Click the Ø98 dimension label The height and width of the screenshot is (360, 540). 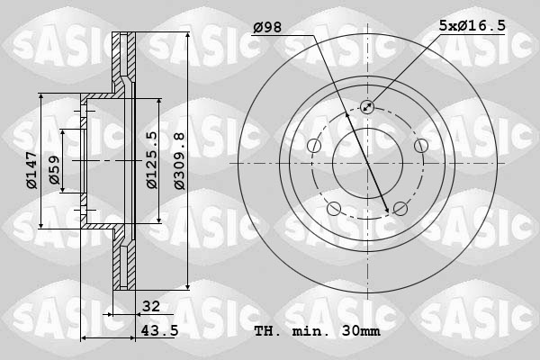click(x=268, y=28)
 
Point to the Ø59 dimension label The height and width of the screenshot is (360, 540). click(x=54, y=170)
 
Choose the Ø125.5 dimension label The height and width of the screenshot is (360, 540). click(x=152, y=160)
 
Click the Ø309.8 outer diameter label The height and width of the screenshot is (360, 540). click(x=179, y=160)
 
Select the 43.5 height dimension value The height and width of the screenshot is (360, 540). click(x=157, y=331)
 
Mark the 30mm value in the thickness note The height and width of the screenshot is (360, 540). click(x=360, y=331)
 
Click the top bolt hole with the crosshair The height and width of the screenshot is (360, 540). click(x=367, y=107)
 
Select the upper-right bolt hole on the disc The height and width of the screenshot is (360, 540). click(x=420, y=146)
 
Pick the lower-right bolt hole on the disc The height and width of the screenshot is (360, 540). click(x=400, y=209)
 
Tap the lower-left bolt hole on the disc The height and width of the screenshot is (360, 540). click(x=334, y=209)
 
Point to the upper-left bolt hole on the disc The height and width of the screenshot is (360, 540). click(x=314, y=146)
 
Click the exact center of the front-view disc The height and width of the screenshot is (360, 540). click(x=367, y=163)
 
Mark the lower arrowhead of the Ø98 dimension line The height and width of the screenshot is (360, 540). click(x=388, y=211)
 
